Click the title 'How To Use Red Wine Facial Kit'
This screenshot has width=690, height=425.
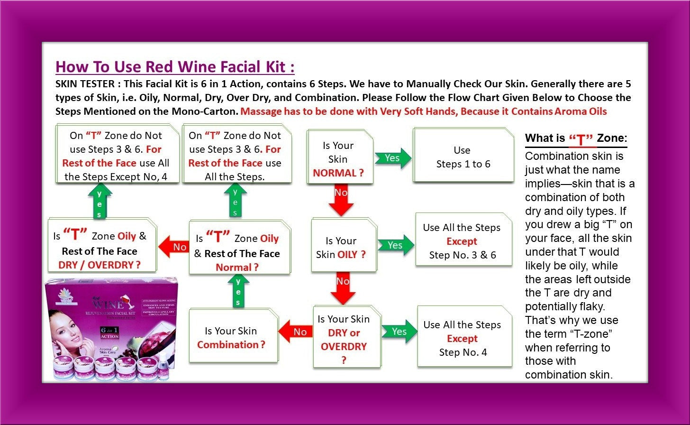point(175,67)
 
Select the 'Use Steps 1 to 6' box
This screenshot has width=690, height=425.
point(463,157)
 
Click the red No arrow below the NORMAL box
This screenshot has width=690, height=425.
point(342,199)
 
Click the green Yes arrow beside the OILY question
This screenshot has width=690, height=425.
point(395,245)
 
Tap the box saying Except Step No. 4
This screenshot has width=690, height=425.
point(463,338)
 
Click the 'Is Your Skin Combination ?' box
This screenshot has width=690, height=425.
point(231,337)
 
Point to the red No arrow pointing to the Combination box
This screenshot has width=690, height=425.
point(296,332)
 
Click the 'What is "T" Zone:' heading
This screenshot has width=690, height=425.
point(576,139)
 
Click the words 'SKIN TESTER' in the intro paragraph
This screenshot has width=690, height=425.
point(83,84)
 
